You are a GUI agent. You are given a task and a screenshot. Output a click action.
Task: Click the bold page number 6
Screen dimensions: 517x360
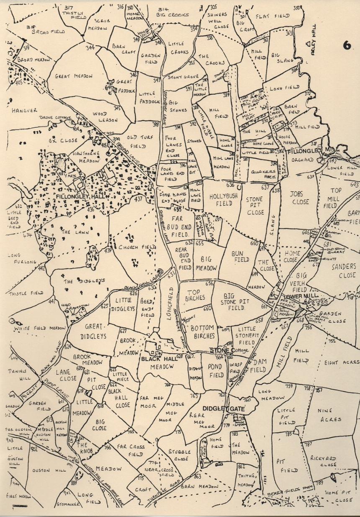347,46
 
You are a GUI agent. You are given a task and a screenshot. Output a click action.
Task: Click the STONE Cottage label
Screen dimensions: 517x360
225,350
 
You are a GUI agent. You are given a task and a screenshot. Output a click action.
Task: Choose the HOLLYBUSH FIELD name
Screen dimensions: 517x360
218,199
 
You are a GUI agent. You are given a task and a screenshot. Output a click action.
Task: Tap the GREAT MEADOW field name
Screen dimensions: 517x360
74,77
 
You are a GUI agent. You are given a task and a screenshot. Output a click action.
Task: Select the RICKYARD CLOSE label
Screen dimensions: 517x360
323,461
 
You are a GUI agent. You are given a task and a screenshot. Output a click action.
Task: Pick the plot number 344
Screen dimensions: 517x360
90,48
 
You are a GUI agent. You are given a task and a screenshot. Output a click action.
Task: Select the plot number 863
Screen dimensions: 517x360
198,476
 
